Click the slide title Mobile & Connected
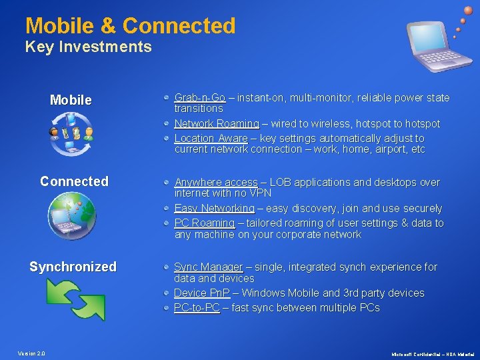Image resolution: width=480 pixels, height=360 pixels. [131, 26]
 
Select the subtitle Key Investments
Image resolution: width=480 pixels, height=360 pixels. [89, 47]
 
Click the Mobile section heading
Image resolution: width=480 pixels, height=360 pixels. [71, 101]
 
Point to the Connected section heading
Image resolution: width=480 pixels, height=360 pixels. [74, 181]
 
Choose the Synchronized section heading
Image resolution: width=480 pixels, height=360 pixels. [73, 267]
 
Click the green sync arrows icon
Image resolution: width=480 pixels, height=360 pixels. [75, 299]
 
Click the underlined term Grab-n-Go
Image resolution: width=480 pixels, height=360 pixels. [199, 98]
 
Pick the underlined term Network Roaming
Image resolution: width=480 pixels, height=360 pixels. [216, 124]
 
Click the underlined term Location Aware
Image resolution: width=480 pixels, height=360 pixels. [211, 139]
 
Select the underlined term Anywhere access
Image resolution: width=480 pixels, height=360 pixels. [215, 182]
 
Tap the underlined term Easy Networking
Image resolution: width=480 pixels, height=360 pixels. [214, 209]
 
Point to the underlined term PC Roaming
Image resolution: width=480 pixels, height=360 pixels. [204, 223]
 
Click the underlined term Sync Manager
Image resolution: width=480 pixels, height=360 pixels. [208, 267]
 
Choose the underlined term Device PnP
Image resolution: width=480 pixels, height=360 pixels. [201, 293]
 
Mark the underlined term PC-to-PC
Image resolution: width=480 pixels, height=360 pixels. [197, 308]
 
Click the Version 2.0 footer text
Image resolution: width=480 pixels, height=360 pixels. [31, 353]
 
